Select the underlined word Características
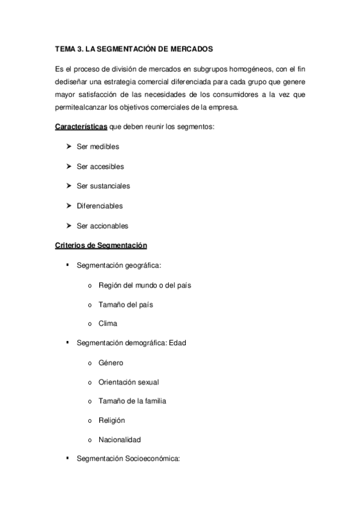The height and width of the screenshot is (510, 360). [x=81, y=127]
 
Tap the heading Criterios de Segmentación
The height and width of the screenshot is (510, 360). [x=101, y=245]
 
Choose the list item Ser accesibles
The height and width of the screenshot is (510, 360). [x=100, y=167]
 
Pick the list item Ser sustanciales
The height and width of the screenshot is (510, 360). [x=103, y=186]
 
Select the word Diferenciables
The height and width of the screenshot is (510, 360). [x=100, y=206]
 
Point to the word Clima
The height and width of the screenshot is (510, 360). [x=108, y=324]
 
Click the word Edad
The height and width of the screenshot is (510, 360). [x=178, y=343]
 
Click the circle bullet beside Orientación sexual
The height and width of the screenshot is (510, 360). [x=90, y=382]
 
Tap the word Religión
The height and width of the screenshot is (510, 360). [x=112, y=420]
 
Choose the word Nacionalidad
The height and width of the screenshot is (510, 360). [x=120, y=440]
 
